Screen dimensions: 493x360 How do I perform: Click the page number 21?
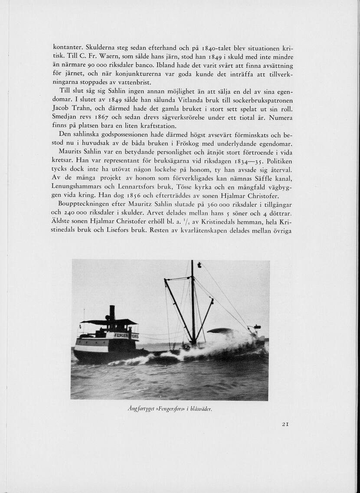[x=285, y=425]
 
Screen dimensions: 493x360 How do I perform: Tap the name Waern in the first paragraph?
[x=112, y=56]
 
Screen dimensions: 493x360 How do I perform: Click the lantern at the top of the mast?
[x=199, y=264]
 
